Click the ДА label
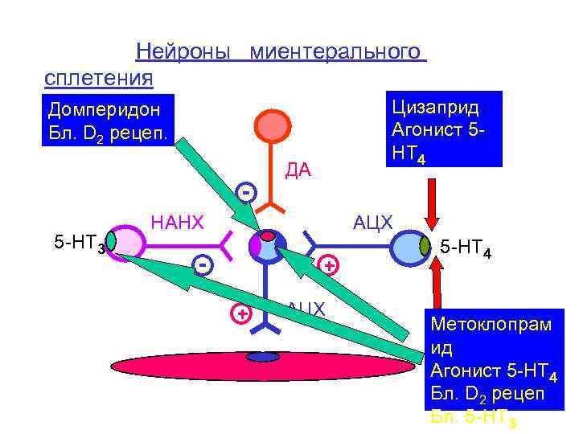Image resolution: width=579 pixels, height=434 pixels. click(x=298, y=170)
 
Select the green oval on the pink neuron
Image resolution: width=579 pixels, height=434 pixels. click(x=112, y=240)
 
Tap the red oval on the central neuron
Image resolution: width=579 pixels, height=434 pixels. click(x=267, y=237)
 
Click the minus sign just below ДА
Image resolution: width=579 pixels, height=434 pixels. click(x=247, y=192)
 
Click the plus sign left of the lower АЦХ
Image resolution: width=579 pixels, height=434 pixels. click(x=240, y=313)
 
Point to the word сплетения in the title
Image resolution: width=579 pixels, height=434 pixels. click(x=99, y=78)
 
